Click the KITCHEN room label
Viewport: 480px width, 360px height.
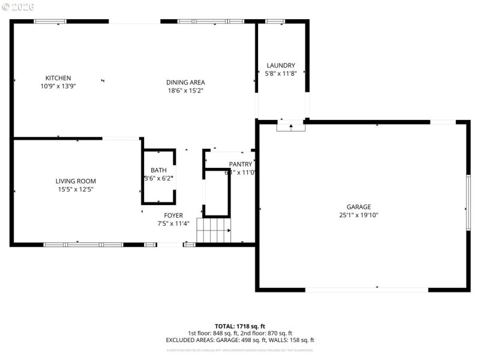58,78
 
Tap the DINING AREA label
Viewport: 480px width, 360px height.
185,82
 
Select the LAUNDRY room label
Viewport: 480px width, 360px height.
281,65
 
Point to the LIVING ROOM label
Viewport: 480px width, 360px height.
76,181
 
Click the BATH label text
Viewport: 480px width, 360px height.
158,170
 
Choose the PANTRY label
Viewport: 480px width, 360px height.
241,164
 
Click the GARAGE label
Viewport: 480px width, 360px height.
358,207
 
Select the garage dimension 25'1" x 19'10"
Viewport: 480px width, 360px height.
358,215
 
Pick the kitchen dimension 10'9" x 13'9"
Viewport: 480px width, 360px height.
58,86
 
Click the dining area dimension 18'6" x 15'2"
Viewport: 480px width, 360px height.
185,91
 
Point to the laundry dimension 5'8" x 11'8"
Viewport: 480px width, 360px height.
281,74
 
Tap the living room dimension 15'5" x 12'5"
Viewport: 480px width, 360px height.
76,190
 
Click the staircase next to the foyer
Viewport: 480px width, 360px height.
214,230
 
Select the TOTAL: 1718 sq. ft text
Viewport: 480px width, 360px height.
239,326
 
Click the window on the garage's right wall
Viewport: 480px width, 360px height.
468,202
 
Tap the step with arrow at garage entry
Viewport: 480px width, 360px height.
291,126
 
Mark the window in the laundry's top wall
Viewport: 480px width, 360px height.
275,22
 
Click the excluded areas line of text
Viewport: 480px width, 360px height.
239,340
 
